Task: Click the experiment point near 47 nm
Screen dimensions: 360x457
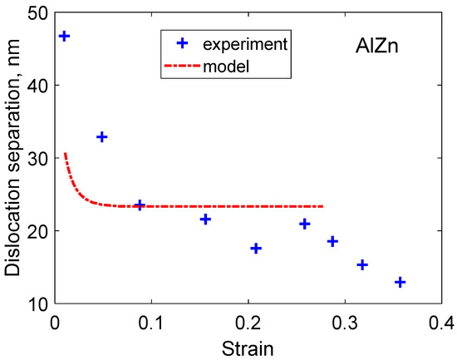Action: pos(64,37)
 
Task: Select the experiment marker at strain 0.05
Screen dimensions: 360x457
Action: pos(102,136)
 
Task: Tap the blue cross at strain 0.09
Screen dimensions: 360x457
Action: pos(140,205)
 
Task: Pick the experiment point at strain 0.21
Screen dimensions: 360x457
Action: pos(256,249)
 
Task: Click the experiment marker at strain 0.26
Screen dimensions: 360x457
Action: pos(305,224)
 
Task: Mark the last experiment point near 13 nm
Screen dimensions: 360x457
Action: pos(400,283)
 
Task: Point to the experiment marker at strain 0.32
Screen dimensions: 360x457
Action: pos(361,264)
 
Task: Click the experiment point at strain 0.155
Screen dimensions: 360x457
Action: pos(205,219)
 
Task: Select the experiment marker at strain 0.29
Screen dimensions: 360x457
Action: pos(332,241)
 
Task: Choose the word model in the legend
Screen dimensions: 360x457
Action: pos(232,65)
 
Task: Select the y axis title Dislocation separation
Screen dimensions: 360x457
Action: pos(13,158)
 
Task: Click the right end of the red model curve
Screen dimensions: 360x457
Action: pos(322,206)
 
